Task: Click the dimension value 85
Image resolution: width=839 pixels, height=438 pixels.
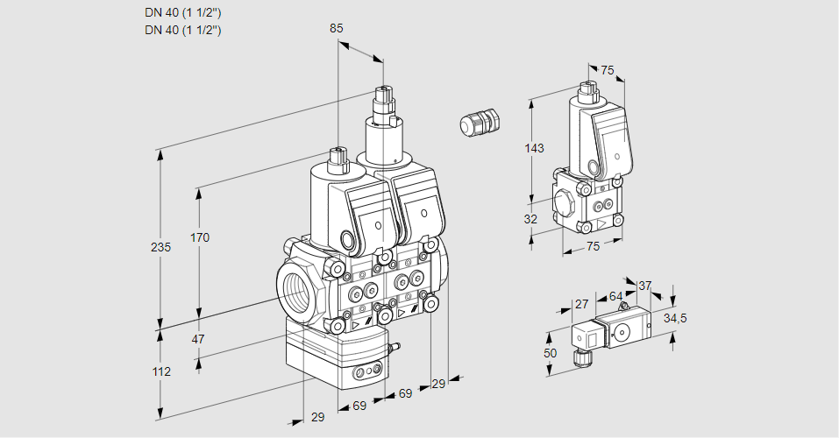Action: tap(336, 28)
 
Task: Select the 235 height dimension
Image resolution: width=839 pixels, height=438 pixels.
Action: tap(160, 247)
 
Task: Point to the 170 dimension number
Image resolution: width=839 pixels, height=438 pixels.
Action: tap(200, 237)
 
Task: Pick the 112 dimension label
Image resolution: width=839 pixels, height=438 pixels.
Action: tap(160, 371)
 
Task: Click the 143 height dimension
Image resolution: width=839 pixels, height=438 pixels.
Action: tap(534, 149)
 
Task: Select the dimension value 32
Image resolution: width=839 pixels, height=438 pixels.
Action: tap(530, 219)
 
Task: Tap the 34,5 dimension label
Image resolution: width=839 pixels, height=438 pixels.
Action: tap(675, 318)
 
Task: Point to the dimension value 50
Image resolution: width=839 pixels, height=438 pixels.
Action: tap(550, 352)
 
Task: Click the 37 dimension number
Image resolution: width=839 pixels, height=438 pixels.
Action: tap(644, 286)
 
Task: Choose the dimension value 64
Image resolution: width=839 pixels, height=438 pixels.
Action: tap(615, 296)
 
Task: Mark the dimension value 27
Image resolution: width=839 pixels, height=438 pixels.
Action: tap(580, 304)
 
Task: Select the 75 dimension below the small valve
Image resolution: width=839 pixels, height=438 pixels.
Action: tap(593, 247)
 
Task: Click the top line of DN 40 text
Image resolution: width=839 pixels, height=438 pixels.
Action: tap(183, 13)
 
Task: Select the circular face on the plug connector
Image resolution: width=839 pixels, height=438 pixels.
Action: tap(623, 331)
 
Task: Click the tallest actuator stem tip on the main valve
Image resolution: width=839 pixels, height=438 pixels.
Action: tap(382, 90)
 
